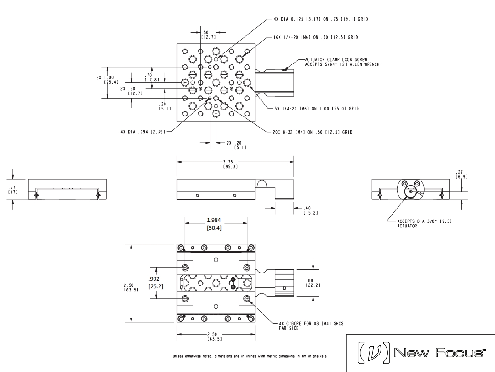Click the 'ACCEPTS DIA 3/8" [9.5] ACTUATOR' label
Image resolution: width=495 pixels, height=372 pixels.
point(417,223)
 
